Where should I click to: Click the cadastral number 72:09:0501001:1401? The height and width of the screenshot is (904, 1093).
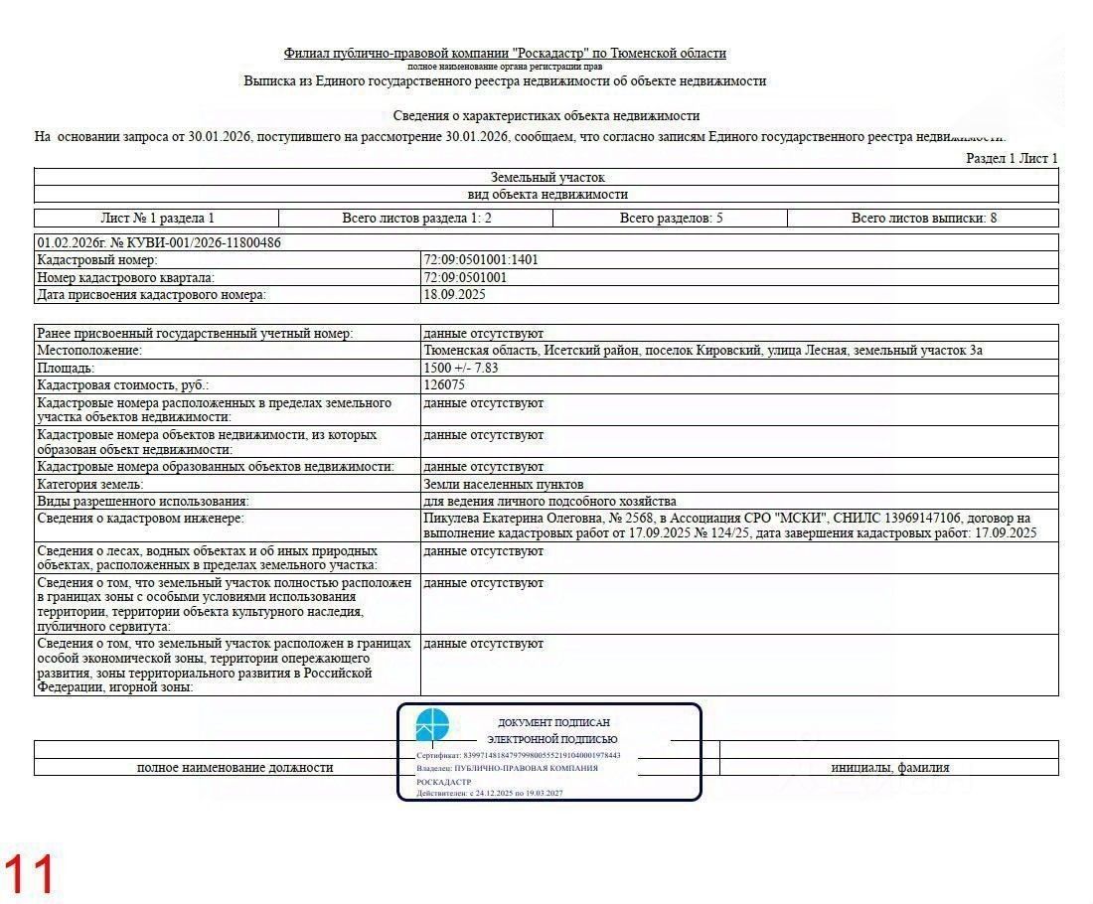[x=481, y=260]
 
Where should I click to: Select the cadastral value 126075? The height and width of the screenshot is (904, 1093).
[x=444, y=385]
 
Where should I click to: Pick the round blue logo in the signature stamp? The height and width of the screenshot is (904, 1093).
[x=432, y=725]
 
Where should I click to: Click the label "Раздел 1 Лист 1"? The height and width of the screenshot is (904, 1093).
[x=1012, y=159]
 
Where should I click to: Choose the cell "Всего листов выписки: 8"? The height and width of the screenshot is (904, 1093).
[x=923, y=219]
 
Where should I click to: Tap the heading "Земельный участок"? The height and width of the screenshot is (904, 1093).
[x=546, y=177]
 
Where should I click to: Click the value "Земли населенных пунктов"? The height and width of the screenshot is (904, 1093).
[x=503, y=485]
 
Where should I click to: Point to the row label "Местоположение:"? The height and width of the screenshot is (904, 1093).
[x=89, y=351]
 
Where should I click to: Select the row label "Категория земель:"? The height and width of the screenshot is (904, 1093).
[x=90, y=485]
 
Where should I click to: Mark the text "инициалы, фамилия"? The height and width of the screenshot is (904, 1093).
[x=889, y=768]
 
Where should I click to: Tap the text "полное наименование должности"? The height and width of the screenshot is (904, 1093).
[x=234, y=768]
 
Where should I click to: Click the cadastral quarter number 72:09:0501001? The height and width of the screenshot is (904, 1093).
[x=465, y=278]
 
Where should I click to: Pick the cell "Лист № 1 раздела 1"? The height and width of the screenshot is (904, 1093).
[x=157, y=219]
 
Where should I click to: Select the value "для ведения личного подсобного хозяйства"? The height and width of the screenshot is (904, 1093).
[x=549, y=502]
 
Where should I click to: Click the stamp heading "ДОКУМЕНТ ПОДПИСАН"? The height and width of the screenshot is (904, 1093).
[x=553, y=723]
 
